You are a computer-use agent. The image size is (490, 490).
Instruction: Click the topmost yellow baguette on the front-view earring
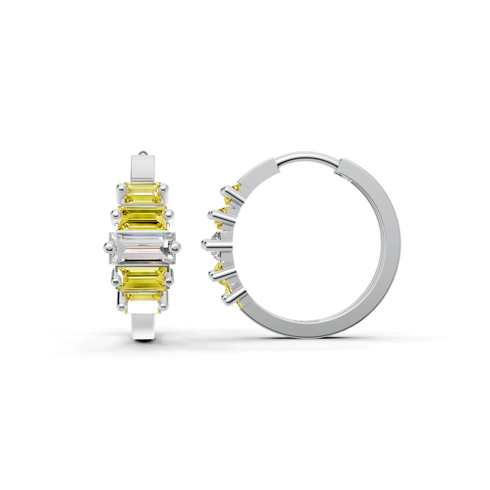[x=143, y=193]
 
